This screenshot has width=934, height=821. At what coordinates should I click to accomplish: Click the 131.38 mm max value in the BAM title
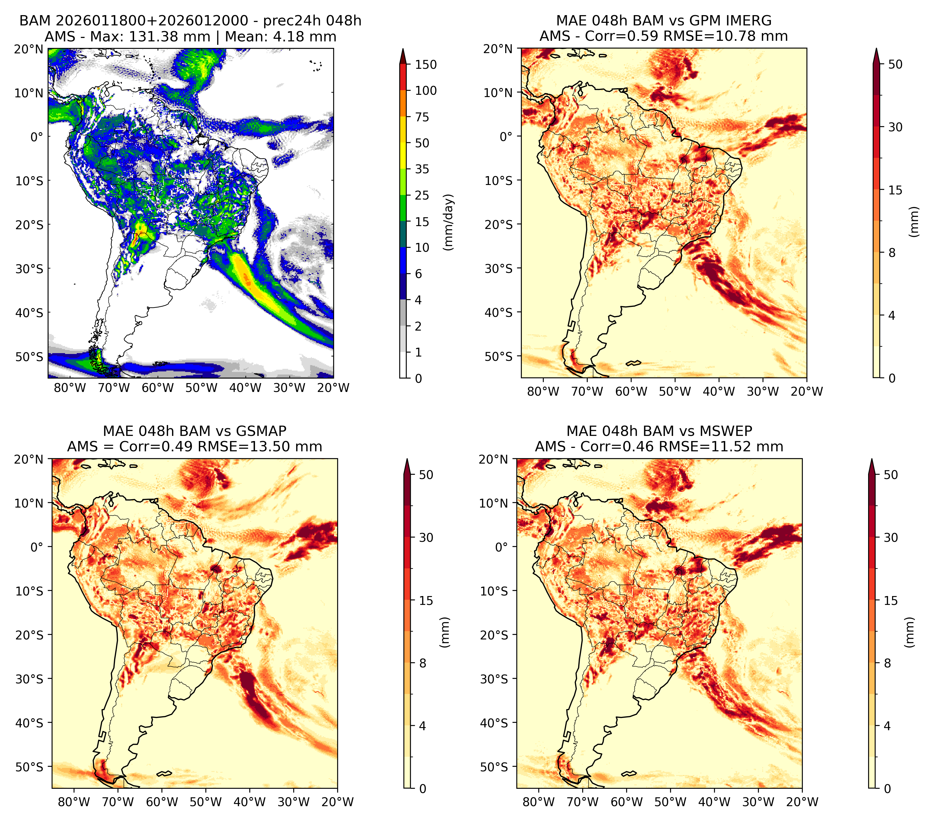coord(169,37)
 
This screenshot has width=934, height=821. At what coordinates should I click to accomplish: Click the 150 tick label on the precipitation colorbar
coord(425,65)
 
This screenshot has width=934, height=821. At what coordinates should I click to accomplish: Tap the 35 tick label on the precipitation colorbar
coord(422,169)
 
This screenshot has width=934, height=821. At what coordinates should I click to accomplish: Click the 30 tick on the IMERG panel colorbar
coord(895,127)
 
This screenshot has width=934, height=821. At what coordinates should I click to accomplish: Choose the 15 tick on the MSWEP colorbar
coord(891,600)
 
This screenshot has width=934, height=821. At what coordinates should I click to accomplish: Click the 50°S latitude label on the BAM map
coord(30,357)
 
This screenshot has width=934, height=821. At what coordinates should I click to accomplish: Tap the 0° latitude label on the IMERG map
coord(506,136)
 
